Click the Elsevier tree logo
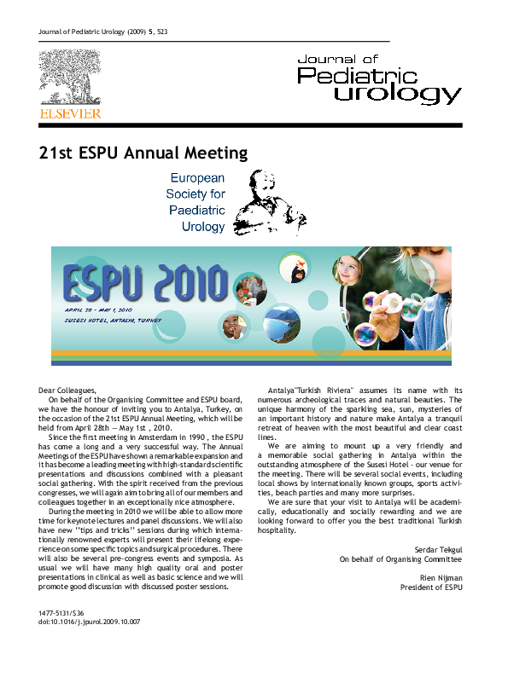[x=69, y=78]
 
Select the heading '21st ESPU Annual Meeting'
[x=143, y=153]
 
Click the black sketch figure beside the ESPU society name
[x=260, y=202]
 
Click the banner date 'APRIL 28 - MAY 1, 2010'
[x=99, y=310]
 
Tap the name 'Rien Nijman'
[x=442, y=578]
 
